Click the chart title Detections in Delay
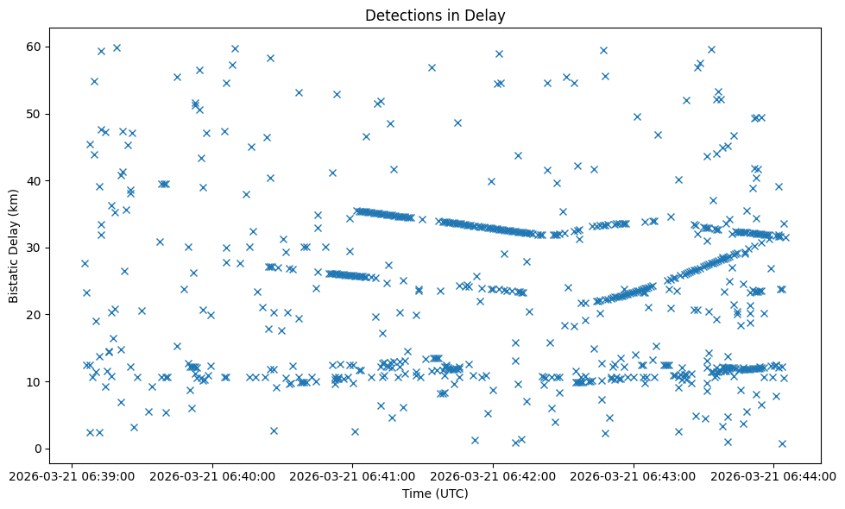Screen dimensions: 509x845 [x=434, y=15]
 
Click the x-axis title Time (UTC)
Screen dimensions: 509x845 [x=434, y=493]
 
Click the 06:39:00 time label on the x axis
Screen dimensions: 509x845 [x=72, y=474]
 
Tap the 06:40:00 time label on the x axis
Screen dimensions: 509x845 [x=212, y=474]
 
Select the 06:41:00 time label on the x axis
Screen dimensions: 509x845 [x=353, y=474]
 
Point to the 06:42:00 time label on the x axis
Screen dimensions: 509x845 [x=494, y=474]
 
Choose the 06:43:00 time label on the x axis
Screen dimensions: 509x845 [x=634, y=474]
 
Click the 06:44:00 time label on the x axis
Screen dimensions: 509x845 [x=774, y=474]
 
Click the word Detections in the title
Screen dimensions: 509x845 [x=400, y=15]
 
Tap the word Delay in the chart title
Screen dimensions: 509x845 [x=486, y=15]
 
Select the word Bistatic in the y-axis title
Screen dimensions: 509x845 [x=14, y=277]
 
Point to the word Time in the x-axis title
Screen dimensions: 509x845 [x=415, y=493]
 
